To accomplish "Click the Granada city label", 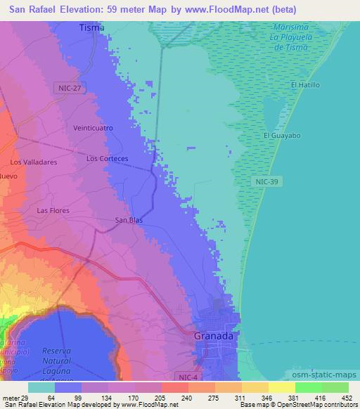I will (x=215, y=336).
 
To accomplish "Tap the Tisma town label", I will (x=92, y=27).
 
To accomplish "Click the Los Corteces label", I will (x=107, y=159).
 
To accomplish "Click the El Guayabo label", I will (x=277, y=135).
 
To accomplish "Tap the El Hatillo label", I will (x=306, y=85).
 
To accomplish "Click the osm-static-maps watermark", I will (x=324, y=376).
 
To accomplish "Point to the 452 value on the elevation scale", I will (x=347, y=397).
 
